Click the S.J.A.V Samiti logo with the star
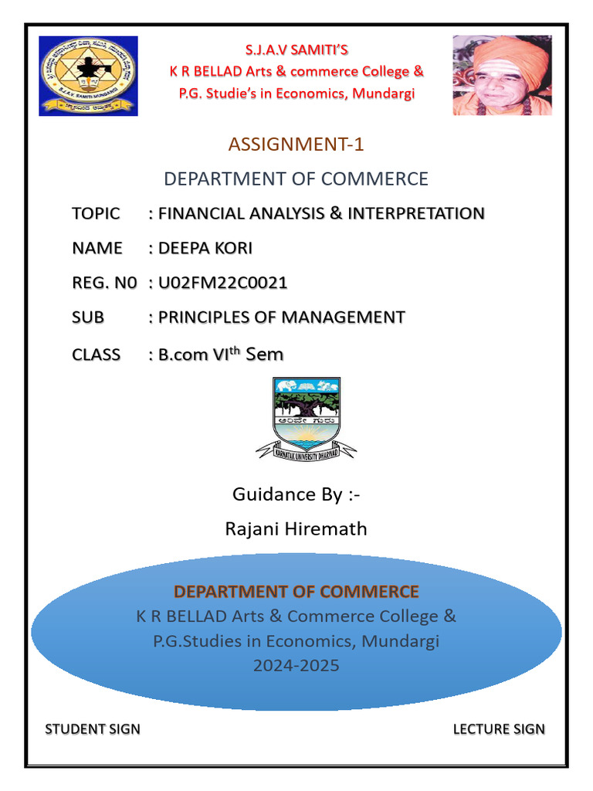[88, 76]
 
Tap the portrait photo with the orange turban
[502, 75]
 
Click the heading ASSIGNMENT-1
[296, 144]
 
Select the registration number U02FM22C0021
[222, 283]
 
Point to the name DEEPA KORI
[205, 248]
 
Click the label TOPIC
[96, 213]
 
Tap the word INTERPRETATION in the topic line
[416, 213]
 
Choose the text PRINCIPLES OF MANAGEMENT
[281, 317]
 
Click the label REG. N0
[104, 283]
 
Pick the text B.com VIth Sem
[221, 355]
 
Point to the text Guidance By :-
[296, 494]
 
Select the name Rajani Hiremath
[296, 528]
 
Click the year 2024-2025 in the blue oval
[296, 664]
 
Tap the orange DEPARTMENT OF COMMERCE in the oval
[296, 592]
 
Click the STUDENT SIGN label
[93, 728]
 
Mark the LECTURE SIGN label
[499, 728]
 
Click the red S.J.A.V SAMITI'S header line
[296, 50]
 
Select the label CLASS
[97, 355]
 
